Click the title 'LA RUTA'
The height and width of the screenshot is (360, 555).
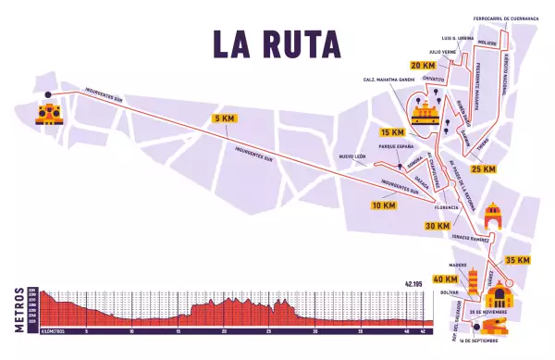click(277, 43)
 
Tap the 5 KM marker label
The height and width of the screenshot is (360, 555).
click(224, 119)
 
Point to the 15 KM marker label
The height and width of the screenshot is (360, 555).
click(392, 132)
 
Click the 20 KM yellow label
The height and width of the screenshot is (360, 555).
click(422, 66)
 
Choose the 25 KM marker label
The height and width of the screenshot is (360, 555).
click(483, 169)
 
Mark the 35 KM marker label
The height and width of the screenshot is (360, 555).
click(517, 261)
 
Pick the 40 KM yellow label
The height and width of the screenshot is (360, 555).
click(445, 279)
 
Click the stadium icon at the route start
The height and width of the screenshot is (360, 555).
click(48, 114)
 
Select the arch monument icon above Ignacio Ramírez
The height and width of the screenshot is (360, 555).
click(493, 218)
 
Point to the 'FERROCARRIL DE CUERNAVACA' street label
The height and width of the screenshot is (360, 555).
click(499, 18)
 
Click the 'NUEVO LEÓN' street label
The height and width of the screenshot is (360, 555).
click(353, 157)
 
